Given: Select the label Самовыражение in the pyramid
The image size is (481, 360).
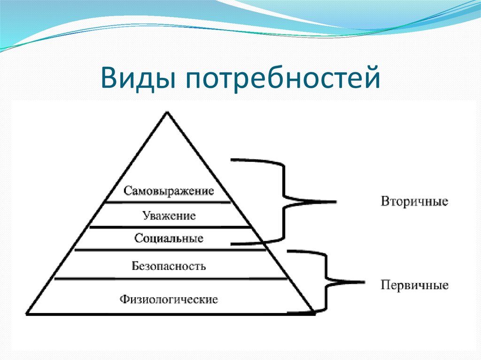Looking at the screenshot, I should click(169, 191).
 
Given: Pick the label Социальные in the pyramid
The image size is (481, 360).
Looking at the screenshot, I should click(169, 238).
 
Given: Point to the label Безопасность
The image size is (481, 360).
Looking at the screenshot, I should click(169, 266).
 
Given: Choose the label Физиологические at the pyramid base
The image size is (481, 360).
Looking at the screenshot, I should click(169, 299).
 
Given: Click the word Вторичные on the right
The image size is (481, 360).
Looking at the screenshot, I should click(414, 202).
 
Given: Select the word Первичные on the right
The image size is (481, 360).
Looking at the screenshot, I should click(414, 285).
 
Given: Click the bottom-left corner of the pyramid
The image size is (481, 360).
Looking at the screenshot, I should click(26, 313).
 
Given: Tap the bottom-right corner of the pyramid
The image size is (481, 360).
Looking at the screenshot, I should click(313, 313).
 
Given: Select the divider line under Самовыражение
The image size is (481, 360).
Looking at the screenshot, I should click(168, 202).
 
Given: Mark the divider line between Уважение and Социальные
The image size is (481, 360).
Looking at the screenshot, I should click(170, 227).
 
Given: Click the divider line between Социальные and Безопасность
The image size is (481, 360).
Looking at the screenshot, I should click(170, 250).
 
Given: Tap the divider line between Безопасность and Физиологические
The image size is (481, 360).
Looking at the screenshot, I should click(170, 279).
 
